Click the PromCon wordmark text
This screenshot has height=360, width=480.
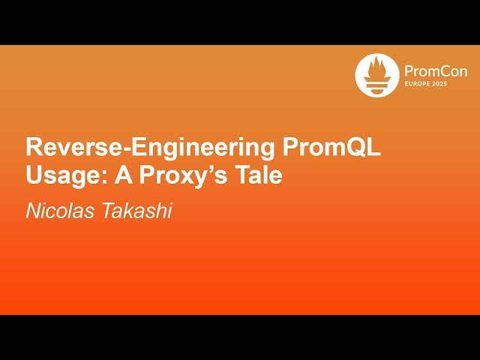tap(434, 71)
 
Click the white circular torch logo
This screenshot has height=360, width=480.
tap(377, 76)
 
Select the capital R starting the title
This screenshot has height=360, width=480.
tap(34, 148)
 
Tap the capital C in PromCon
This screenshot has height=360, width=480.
tap(439, 71)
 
